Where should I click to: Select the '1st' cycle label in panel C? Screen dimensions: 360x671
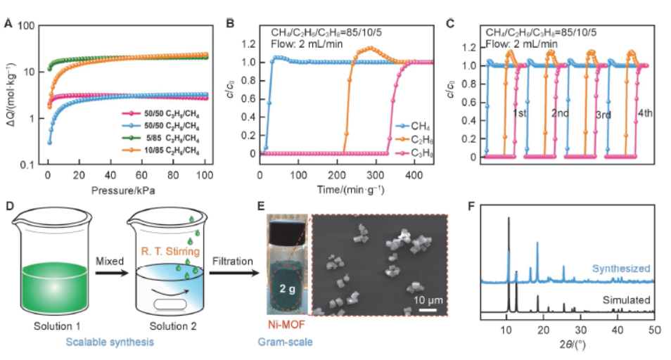[519, 112]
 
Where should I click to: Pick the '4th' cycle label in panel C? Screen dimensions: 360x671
[646, 112]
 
